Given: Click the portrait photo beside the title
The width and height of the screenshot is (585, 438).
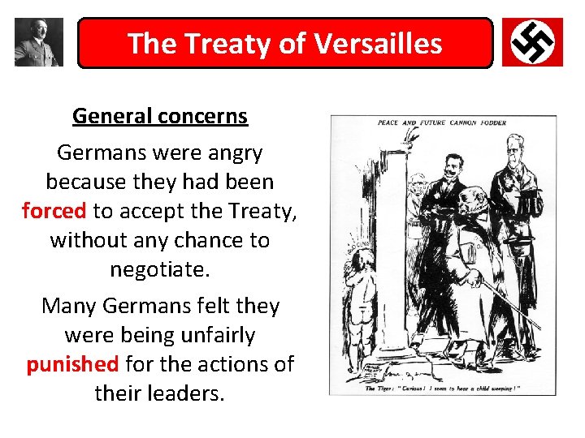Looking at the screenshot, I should coord(38,42).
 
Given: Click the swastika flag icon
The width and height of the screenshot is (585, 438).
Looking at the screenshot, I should coord(532,42).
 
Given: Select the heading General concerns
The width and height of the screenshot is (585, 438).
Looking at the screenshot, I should coord(160,116).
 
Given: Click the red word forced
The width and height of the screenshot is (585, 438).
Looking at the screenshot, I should coord(54,211).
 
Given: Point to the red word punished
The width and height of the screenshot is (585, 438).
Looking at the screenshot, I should coord(72,364).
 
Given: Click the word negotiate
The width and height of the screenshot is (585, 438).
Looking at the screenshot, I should coord(159,268).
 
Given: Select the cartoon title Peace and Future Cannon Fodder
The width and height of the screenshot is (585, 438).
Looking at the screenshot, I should coord(442,123).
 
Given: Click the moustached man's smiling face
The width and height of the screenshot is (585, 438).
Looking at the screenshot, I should coord(445,165).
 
